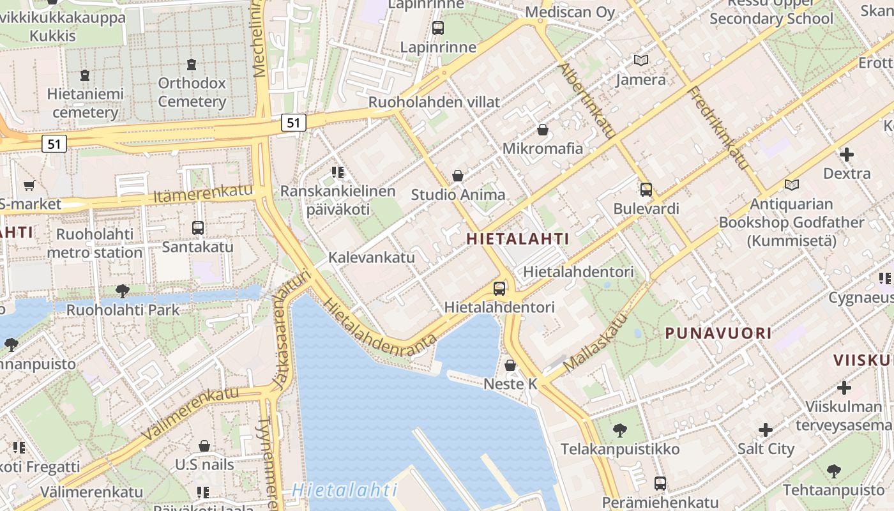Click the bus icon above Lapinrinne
(x=438, y=28)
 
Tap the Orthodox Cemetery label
(x=192, y=92)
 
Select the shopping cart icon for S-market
(x=29, y=186)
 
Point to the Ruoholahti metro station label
(x=95, y=243)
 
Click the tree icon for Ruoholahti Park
(x=122, y=291)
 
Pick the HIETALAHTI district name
(x=517, y=239)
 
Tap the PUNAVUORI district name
(x=718, y=333)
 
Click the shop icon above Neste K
(x=510, y=365)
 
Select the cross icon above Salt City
(x=766, y=430)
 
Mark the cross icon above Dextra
(x=847, y=154)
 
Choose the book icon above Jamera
(x=640, y=61)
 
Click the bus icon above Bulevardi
(x=646, y=190)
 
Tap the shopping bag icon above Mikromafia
(x=543, y=130)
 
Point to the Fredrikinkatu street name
(x=719, y=128)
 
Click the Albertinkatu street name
(x=587, y=101)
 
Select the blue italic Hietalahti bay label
(x=344, y=491)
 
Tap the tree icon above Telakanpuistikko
(x=619, y=431)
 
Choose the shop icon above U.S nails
(x=204, y=445)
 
